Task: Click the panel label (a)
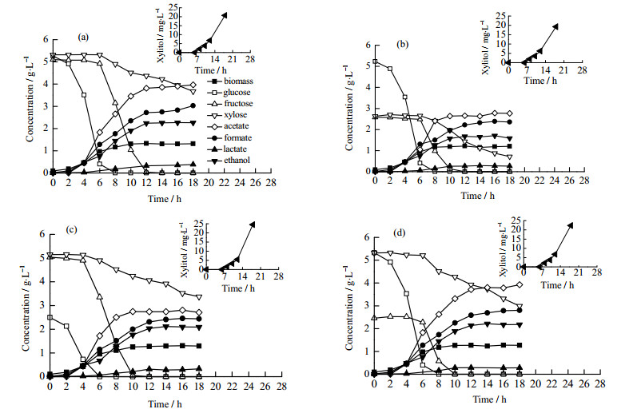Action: coord(82,38)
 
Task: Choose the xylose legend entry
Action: coord(229,115)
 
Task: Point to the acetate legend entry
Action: coord(229,126)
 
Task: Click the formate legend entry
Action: coord(230,137)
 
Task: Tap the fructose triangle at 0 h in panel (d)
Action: coord(374,318)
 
